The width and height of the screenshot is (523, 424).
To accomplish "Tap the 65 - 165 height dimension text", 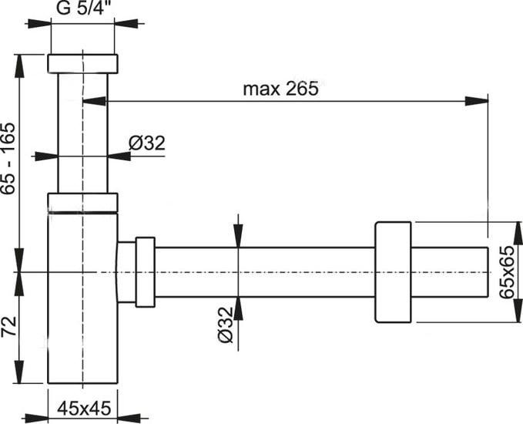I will click(x=8, y=160).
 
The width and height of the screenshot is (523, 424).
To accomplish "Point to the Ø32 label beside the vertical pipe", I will click(x=146, y=143).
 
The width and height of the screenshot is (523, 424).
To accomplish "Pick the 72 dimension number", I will click(x=8, y=328).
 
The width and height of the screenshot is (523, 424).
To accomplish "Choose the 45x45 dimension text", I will click(x=82, y=405).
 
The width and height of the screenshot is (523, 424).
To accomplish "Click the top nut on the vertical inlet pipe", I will click(x=82, y=63).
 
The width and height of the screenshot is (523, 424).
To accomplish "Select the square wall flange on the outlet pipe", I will click(x=394, y=271).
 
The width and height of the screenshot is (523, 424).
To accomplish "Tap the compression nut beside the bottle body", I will click(x=145, y=271).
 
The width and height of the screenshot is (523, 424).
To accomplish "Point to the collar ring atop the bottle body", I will click(x=82, y=202).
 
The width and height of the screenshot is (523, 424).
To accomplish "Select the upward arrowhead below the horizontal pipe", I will click(x=238, y=307).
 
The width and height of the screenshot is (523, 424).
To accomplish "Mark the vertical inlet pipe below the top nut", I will click(x=82, y=131).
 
